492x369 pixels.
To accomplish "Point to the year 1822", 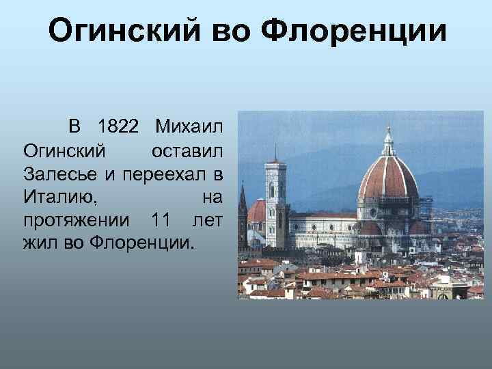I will [x=118, y=127].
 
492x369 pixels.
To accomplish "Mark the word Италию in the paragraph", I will [x=60, y=196].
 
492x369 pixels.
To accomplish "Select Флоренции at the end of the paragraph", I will [x=141, y=242].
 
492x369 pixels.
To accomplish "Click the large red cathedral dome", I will [x=388, y=180].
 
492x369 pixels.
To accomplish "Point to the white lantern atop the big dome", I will [x=389, y=142].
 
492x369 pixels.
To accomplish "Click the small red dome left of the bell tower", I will [x=257, y=211].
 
